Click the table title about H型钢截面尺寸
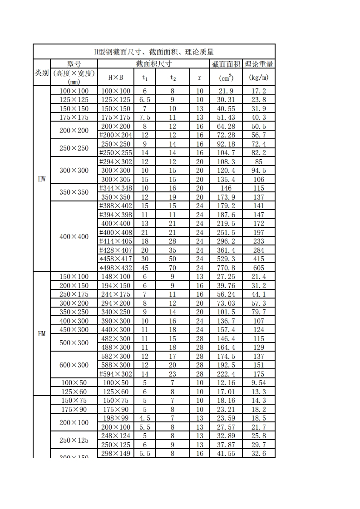[x=154, y=52]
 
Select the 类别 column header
[x=42, y=73]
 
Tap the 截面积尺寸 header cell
[x=153, y=64]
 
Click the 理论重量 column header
[x=259, y=64]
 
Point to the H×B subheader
[x=115, y=77]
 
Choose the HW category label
[x=42, y=179]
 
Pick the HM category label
[x=42, y=334]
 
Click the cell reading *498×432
[x=115, y=268]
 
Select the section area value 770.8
[x=226, y=268]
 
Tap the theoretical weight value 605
[x=259, y=268]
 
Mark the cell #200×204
[x=115, y=135]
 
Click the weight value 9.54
[x=259, y=383]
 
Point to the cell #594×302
[x=115, y=374]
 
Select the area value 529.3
[x=226, y=259]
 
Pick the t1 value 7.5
[x=145, y=117]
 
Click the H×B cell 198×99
[x=115, y=418]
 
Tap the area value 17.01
[x=226, y=392]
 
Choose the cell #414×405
[x=115, y=241]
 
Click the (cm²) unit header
[x=226, y=78]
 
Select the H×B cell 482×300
[x=115, y=338]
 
